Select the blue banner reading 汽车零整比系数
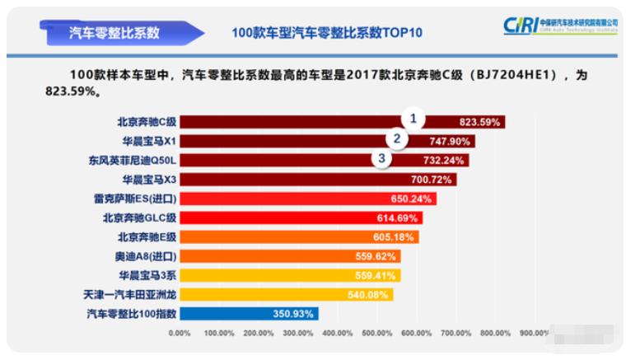click(x=114, y=33)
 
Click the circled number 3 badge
click(x=381, y=157)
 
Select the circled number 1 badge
click(x=413, y=118)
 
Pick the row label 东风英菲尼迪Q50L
click(x=133, y=160)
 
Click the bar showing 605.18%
click(x=298, y=236)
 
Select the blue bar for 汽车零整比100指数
click(x=247, y=313)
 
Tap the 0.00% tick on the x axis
click(x=180, y=334)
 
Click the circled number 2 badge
click(x=397, y=138)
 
